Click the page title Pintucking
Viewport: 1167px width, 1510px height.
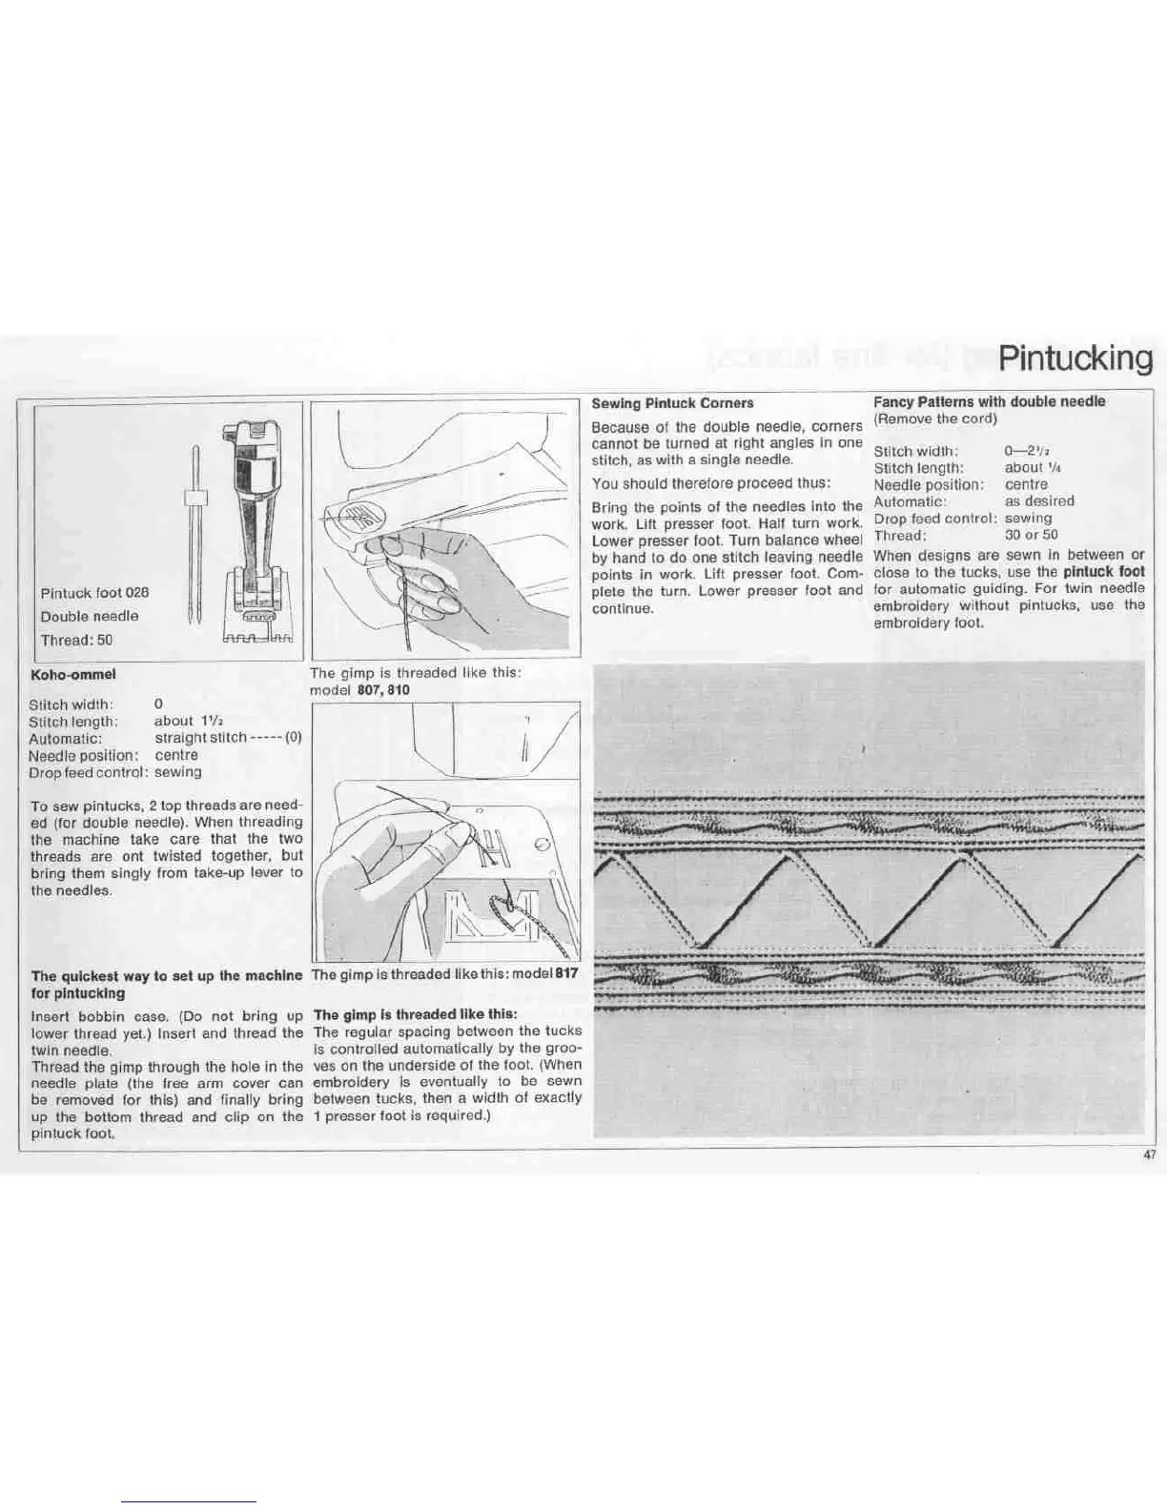point(1075,358)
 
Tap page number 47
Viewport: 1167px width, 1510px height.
point(1149,1154)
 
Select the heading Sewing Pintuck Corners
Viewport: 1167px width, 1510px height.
point(672,403)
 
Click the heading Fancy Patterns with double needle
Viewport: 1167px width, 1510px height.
point(989,401)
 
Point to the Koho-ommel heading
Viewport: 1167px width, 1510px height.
point(73,674)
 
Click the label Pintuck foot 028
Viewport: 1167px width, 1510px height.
point(94,592)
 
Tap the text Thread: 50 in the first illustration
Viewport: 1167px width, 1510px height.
point(76,640)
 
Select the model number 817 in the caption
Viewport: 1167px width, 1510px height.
point(566,974)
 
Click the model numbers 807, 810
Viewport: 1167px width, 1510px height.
point(383,689)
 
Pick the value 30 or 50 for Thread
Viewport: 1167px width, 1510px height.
point(1031,535)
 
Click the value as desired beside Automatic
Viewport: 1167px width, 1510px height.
point(1038,500)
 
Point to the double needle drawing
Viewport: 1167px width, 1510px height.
point(194,534)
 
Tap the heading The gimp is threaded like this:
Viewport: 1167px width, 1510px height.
point(415,1014)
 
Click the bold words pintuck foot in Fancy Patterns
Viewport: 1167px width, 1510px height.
point(1103,572)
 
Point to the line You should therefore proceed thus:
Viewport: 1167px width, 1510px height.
point(710,482)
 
